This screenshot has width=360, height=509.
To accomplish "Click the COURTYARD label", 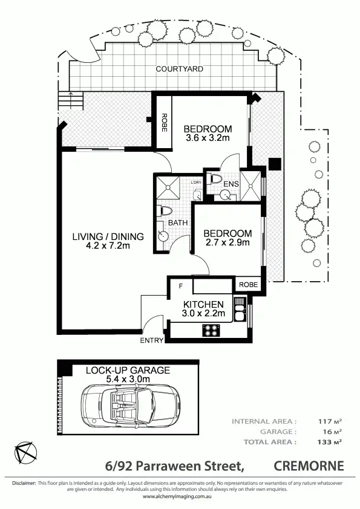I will point(179,69).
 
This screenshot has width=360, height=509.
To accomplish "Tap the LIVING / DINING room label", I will point(108,236).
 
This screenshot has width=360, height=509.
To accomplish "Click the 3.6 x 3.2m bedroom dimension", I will point(208,138).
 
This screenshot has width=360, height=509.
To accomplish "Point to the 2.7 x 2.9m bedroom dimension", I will point(227,243).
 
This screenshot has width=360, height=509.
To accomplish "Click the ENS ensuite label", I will point(231,184).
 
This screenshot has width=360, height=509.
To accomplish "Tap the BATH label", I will point(178,223).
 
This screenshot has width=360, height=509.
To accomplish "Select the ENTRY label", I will point(151,340).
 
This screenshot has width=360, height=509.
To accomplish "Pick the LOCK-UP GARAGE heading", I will point(128,370).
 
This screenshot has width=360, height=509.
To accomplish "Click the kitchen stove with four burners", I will point(212,330).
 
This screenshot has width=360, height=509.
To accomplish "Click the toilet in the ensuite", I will point(215,179).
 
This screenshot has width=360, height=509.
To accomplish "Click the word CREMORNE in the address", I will point(309,465).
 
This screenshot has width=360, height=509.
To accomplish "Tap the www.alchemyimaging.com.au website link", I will point(179,496).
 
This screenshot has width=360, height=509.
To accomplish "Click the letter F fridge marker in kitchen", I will point(179,285).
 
